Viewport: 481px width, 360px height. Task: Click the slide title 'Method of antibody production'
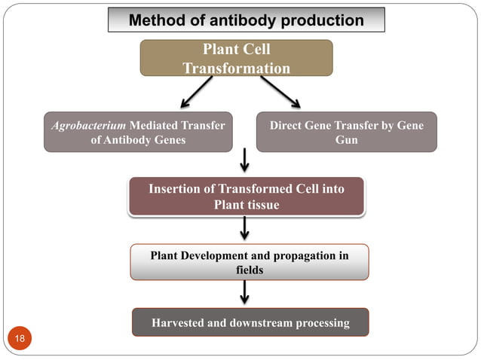246,20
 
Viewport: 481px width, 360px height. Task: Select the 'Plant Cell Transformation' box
236,58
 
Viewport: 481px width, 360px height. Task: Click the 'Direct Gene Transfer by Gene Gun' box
346,133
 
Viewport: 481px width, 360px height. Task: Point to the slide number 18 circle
20,338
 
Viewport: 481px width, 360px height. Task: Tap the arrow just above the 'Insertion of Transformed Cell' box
245,160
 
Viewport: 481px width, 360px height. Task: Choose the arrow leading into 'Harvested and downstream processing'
245,292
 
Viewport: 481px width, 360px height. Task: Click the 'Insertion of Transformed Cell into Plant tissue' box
246,197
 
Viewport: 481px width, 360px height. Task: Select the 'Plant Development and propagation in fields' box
249,262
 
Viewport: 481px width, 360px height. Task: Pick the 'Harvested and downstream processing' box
250,322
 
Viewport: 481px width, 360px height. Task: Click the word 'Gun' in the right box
346,140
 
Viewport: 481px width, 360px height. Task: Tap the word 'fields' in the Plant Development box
250,270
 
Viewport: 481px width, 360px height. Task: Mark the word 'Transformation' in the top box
236,68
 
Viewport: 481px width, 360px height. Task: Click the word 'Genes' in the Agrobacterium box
167,140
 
